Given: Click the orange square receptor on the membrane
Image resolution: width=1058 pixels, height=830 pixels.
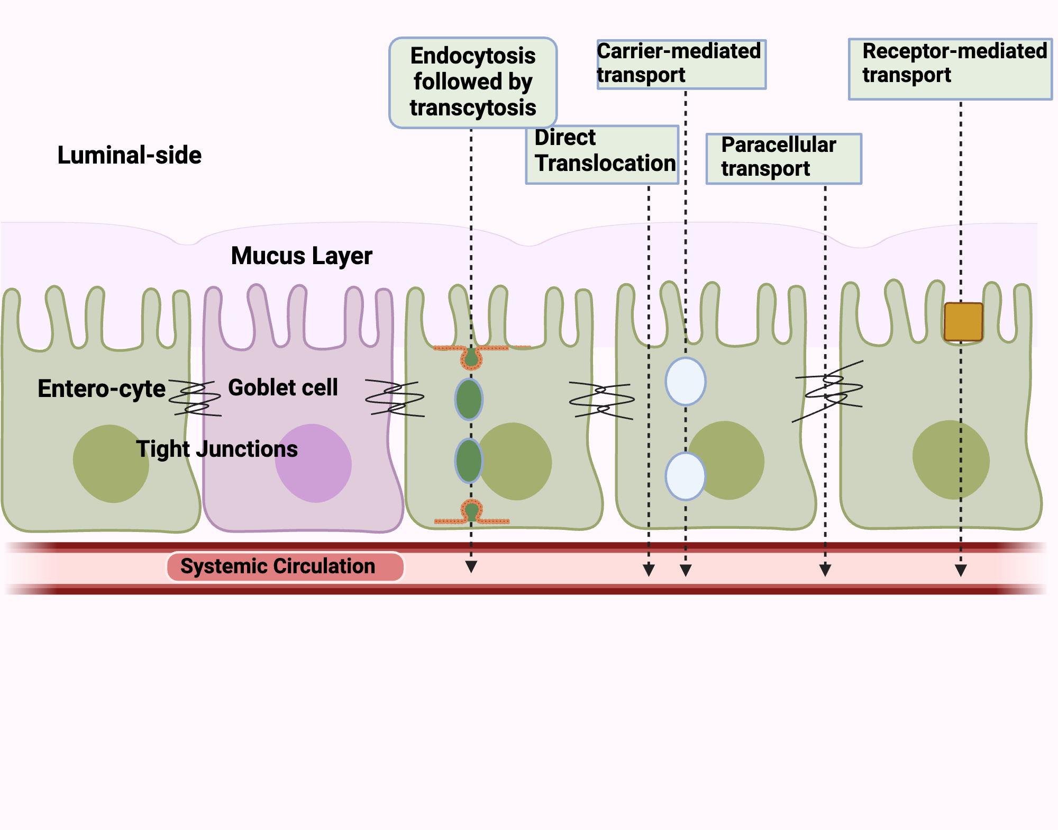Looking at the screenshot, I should click(963, 321).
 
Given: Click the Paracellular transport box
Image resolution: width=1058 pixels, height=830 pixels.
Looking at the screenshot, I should click(783, 158).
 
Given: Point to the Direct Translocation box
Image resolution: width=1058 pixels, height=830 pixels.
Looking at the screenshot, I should click(602, 155).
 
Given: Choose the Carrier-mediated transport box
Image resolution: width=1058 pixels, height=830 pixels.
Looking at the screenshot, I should click(681, 64).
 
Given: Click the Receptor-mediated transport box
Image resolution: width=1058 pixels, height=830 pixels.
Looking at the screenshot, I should click(950, 69).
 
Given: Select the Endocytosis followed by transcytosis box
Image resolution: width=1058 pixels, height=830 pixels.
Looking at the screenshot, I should click(472, 83).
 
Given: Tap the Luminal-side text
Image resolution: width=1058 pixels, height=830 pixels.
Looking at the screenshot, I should click(129, 155).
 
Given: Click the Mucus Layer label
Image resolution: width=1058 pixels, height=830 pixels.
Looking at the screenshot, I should click(302, 256).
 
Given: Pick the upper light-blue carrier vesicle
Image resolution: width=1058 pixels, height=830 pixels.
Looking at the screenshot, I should click(685, 381).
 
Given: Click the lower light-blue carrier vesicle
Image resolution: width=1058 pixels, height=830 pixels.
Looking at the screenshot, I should click(685, 476).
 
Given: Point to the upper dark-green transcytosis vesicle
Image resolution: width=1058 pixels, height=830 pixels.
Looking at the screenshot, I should click(469, 399).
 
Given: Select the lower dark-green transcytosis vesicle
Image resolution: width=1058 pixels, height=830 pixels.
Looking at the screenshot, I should click(469, 461).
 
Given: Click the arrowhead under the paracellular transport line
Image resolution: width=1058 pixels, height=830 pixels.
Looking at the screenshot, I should click(825, 570).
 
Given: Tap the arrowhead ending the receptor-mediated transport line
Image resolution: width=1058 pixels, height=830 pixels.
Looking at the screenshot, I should click(961, 570).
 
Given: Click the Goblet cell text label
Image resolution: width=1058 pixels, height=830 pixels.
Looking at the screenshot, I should click(282, 387).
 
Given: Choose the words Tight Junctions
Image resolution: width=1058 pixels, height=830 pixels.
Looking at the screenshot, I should click(217, 449).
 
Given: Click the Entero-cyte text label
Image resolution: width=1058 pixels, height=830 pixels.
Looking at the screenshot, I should click(102, 389).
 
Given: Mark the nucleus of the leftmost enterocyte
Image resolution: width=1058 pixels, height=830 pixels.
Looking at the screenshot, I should click(111, 463).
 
